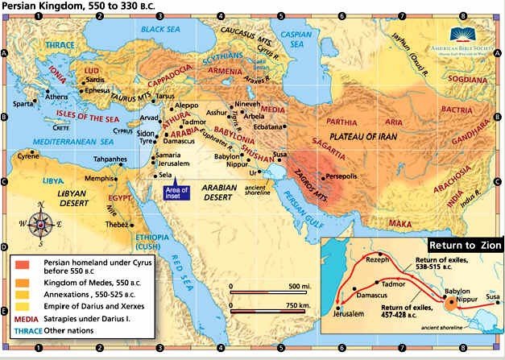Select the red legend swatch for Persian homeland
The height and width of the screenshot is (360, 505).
pyautogui.click(x=19, y=265)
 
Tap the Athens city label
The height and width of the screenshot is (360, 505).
pyautogui.click(x=57, y=97)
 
